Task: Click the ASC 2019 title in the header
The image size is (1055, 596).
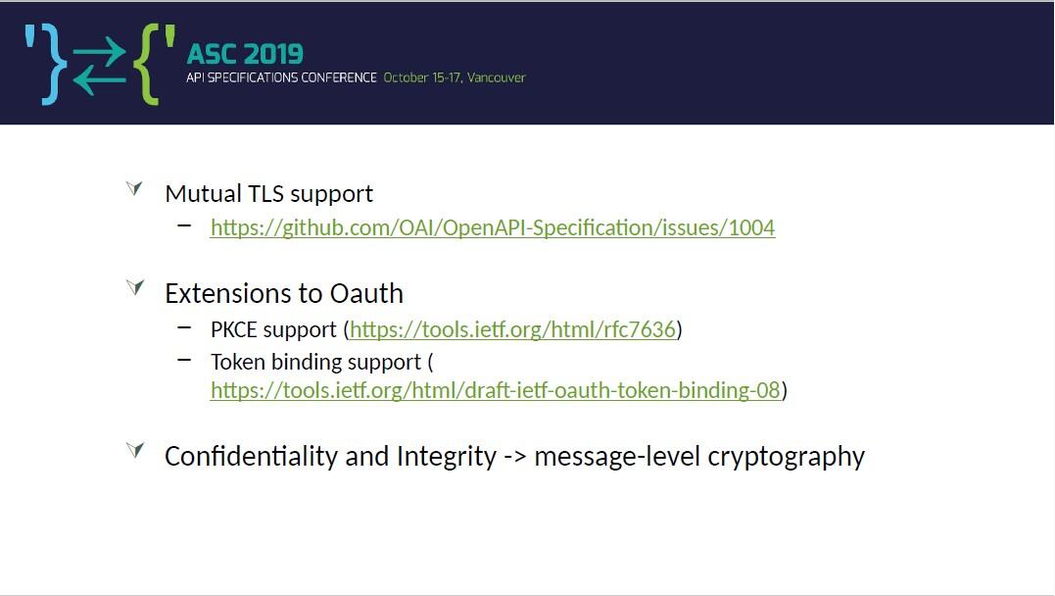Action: [x=245, y=54]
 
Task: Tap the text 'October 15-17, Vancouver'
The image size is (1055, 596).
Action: [x=455, y=77]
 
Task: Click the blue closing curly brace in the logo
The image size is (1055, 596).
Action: [x=55, y=65]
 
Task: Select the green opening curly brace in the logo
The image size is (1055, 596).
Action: [x=147, y=65]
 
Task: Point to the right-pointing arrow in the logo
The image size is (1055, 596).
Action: [x=99, y=51]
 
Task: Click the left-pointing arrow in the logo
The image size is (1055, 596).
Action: [x=99, y=80]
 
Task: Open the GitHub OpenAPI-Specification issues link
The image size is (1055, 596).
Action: [x=493, y=227]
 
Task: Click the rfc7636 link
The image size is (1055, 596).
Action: [x=512, y=329]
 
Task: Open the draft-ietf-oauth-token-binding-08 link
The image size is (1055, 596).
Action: [x=496, y=390]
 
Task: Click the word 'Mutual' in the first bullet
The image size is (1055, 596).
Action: [x=203, y=193]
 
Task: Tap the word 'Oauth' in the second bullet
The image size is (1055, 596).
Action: [x=366, y=294]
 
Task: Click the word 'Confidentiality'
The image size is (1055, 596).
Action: [x=252, y=456]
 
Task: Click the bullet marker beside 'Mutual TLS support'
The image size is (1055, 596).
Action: [x=134, y=188]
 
